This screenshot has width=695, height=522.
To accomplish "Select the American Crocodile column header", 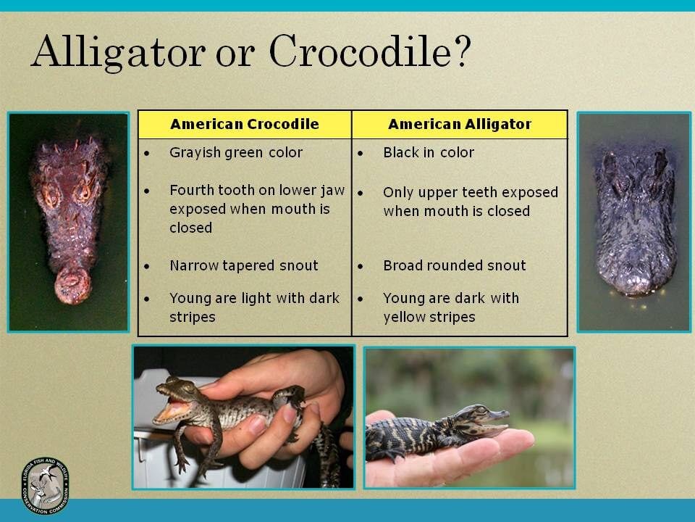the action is click(245, 124).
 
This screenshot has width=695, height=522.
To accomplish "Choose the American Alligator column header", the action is click(460, 124).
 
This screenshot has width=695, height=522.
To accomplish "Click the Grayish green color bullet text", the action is click(236, 153).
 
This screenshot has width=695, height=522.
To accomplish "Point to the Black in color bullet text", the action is click(429, 152).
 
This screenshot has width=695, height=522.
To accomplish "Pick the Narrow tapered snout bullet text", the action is click(244, 265).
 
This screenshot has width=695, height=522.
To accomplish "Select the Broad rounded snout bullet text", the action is click(455, 265).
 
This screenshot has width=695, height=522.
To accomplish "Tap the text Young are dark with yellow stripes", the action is click(451, 307).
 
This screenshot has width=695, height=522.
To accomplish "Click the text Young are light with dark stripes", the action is click(254, 307).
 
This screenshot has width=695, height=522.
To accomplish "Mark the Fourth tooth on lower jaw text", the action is click(257, 190).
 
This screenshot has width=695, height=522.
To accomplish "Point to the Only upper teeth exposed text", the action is click(471, 192).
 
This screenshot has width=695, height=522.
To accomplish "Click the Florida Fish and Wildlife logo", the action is click(45, 486).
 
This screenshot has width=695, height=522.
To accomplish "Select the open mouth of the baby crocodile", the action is click(172, 409).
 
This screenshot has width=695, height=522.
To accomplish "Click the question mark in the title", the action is click(462, 51).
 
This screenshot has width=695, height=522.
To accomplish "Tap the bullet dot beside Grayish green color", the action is click(147, 154).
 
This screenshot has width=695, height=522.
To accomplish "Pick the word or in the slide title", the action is click(236, 57).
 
